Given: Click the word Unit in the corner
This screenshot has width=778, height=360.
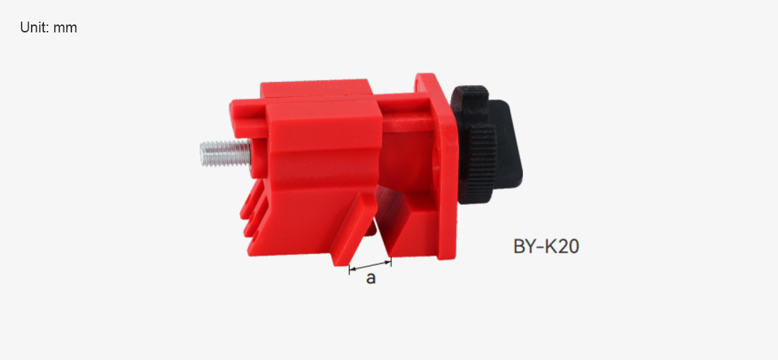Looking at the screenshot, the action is click(x=35, y=27).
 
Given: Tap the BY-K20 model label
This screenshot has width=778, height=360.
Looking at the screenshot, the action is click(x=546, y=246).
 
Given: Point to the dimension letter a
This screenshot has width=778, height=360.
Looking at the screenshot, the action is click(x=371, y=279).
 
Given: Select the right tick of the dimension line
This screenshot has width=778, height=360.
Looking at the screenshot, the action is click(x=391, y=261).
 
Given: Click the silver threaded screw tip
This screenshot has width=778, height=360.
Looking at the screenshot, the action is click(x=225, y=153).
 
